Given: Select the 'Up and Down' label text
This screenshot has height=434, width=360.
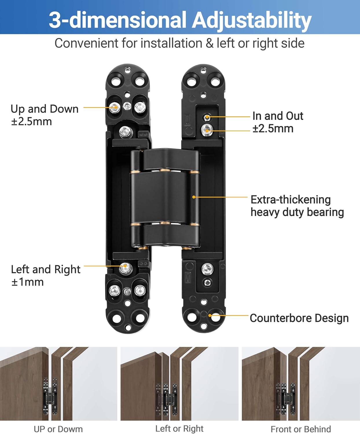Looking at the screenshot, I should click(45, 109).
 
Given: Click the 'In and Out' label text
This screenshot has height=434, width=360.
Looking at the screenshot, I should click(278, 116).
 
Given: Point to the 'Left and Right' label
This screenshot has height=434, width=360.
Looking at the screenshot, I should click(45, 269).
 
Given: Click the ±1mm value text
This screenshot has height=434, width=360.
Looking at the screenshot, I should click(27, 282).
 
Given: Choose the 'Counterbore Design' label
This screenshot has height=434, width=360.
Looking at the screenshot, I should click(299, 318).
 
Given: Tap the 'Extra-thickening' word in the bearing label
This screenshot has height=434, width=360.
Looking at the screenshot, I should click(290, 200).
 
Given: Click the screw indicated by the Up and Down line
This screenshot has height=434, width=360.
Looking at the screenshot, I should click(115, 108).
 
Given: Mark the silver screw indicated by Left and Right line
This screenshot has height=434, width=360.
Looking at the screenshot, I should click(125, 267).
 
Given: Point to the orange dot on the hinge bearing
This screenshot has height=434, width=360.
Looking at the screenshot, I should click(194, 197).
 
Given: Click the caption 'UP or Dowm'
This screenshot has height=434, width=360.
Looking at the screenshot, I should click(58, 429).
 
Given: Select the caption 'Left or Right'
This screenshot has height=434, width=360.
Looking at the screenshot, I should click(179, 429).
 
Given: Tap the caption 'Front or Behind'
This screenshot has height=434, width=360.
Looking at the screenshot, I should click(301, 429).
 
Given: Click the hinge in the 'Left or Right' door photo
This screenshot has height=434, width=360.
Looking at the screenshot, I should click(167, 399).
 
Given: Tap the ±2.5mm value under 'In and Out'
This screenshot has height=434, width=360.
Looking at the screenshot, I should click(273, 128).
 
